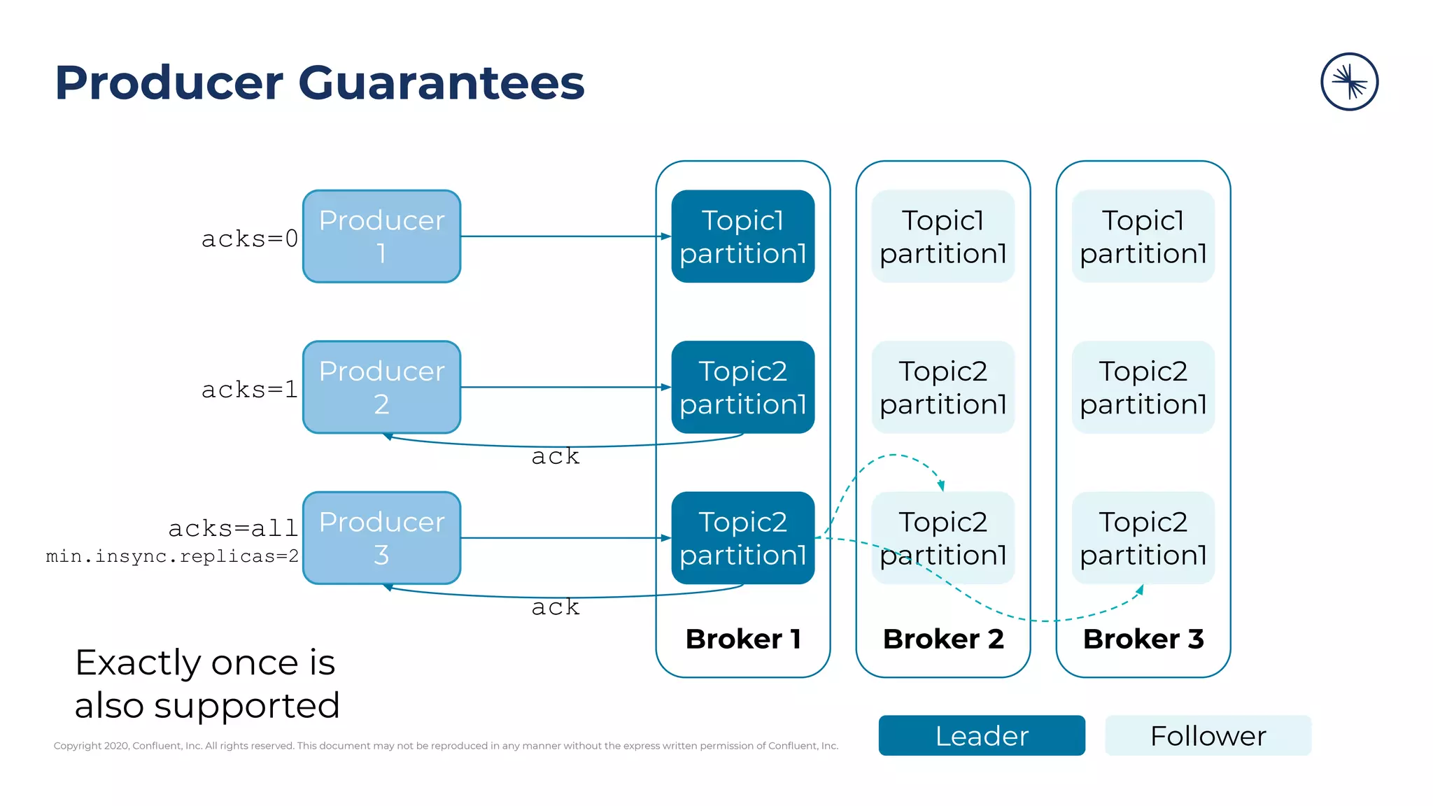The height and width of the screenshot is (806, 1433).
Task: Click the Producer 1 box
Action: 381,236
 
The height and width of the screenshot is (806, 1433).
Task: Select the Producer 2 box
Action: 381,387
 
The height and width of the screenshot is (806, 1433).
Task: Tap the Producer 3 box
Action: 381,538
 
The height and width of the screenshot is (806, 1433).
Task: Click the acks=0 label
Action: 250,239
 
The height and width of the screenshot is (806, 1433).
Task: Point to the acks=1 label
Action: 250,389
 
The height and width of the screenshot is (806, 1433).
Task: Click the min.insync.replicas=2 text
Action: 172,556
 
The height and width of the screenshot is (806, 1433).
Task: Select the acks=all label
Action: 233,528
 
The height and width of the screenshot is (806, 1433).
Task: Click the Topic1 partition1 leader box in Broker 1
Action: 742,236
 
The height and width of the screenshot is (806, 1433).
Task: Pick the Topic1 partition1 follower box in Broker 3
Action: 1143,236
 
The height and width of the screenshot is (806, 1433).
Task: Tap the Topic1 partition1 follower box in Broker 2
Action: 943,236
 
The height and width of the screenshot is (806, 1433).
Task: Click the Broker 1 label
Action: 742,639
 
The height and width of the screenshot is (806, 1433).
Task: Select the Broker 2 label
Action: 943,639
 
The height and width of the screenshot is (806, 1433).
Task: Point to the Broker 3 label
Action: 1143,639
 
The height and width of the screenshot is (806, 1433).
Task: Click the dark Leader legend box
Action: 982,735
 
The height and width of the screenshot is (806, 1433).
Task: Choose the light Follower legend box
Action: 1208,735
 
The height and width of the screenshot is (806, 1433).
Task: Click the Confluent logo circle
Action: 1349,82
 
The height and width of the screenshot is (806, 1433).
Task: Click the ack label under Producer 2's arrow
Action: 556,457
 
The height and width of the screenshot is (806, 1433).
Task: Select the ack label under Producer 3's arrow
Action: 556,607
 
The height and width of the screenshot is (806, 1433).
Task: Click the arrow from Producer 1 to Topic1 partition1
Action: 560,236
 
